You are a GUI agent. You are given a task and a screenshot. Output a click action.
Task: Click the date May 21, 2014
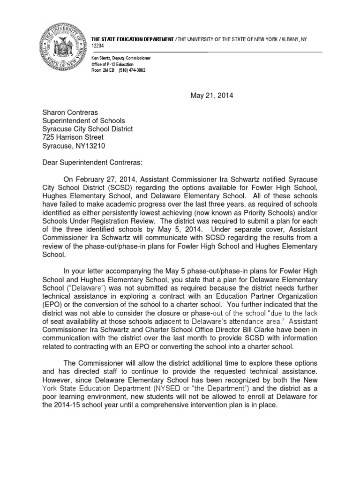point(211,96)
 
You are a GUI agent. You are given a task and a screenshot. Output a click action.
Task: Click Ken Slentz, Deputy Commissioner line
point(121,58)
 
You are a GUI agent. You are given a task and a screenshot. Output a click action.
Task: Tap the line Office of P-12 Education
point(112,64)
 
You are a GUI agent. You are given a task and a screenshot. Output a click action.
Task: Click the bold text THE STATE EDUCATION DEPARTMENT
point(133,38)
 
